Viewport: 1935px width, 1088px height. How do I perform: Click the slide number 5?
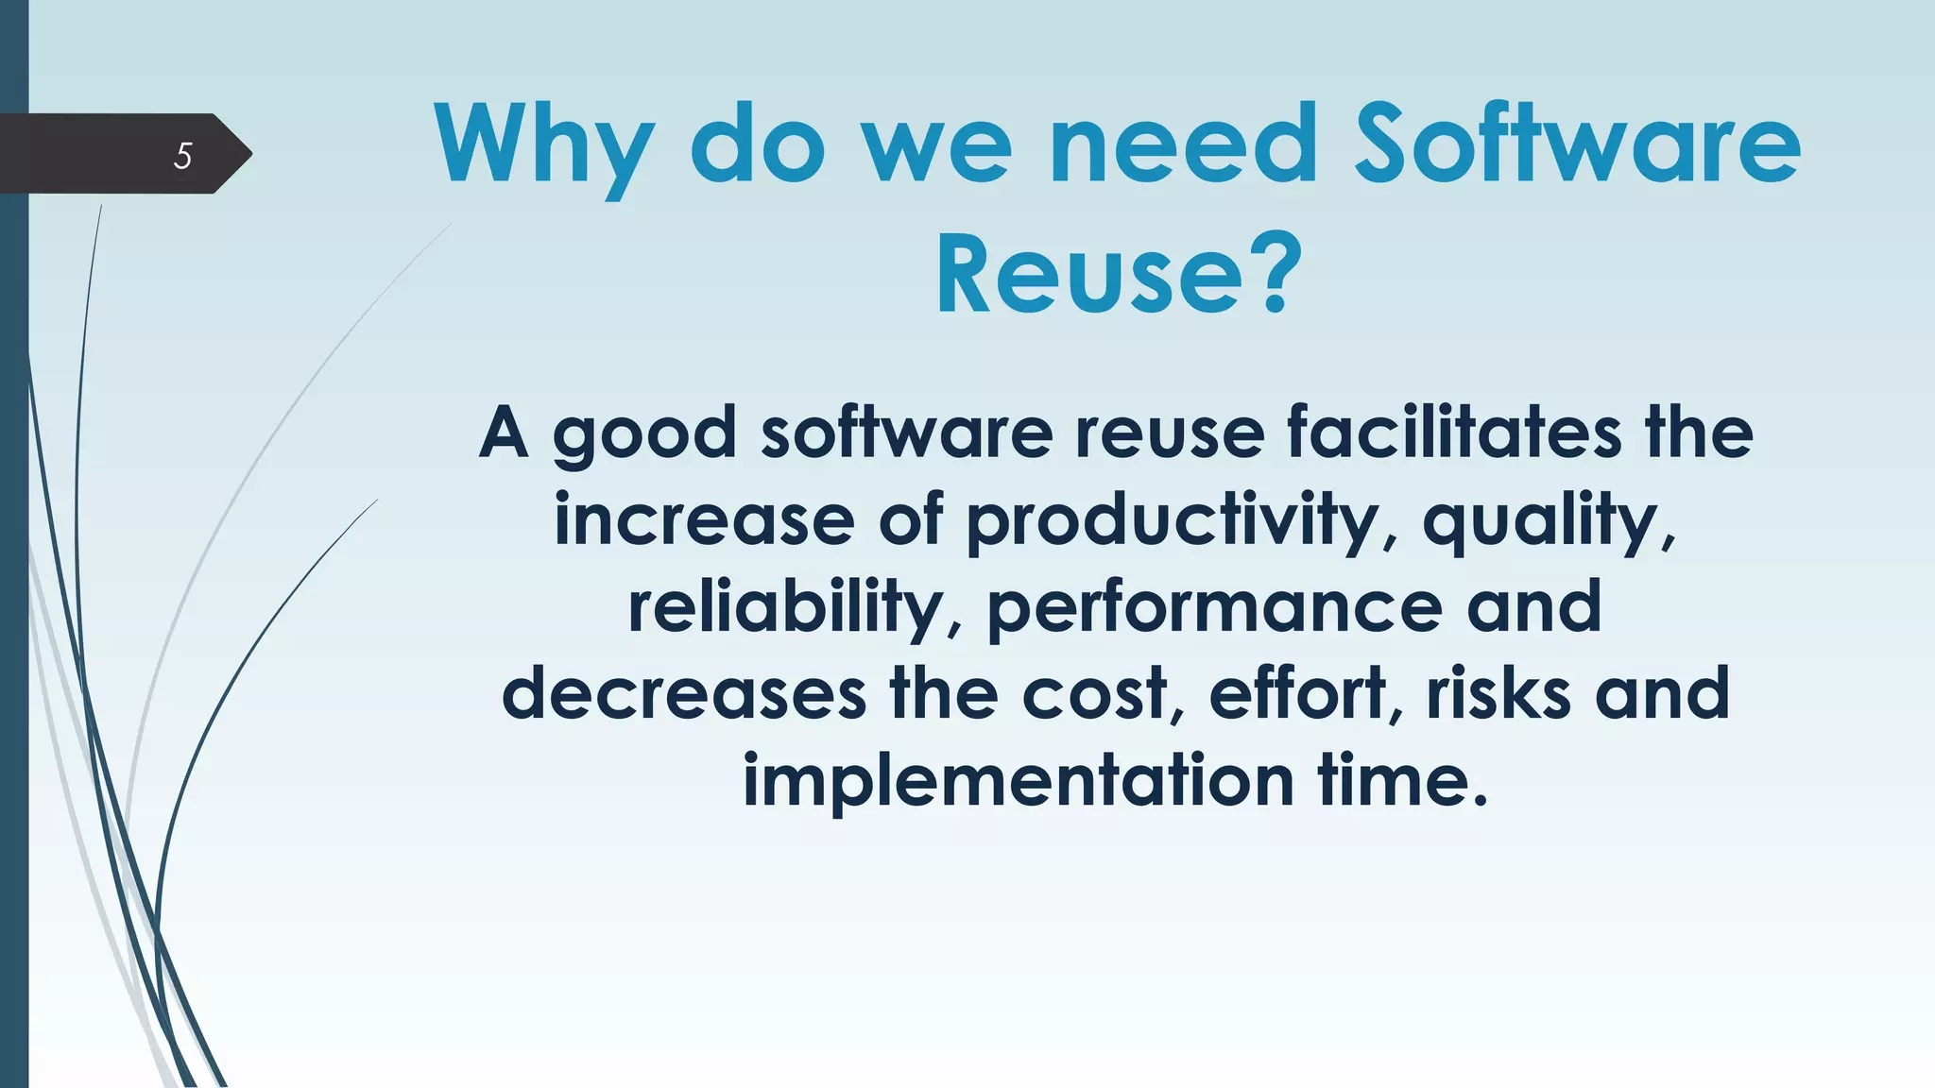[183, 155]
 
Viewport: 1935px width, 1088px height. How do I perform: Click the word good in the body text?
[644, 434]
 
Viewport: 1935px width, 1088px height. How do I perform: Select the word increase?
[704, 520]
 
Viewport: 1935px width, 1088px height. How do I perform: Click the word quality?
[1550, 522]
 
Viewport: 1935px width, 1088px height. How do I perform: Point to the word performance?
[1215, 609]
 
